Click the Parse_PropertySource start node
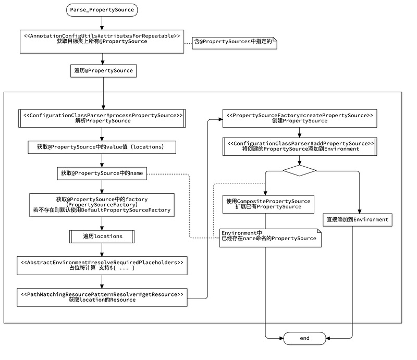click(103, 9)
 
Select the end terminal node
click(304, 338)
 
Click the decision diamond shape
click(299, 170)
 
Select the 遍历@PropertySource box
click(103, 70)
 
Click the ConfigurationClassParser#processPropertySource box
click(102, 118)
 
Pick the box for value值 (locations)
click(102, 147)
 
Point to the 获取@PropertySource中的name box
click(102, 173)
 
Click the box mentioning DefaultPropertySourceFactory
click(102, 205)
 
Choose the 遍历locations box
click(102, 237)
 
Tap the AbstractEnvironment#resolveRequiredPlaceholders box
click(102, 265)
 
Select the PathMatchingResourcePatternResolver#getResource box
click(102, 297)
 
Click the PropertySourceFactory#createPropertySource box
click(299, 118)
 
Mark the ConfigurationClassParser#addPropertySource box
click(299, 145)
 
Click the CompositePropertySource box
click(268, 204)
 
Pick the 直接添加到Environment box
click(357, 219)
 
